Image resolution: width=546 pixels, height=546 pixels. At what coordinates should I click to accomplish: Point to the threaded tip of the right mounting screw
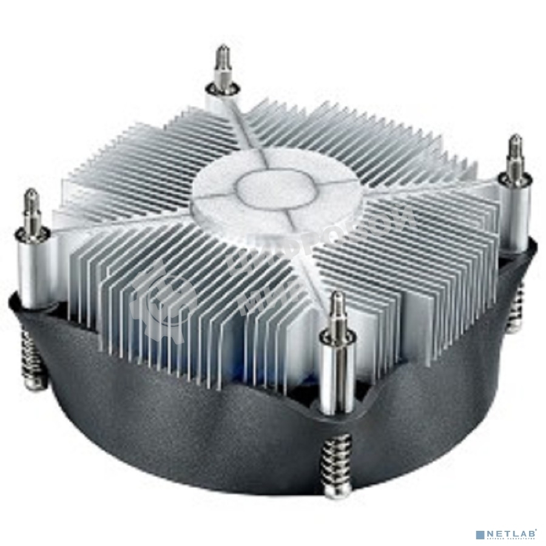pyautogui.click(x=515, y=149)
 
